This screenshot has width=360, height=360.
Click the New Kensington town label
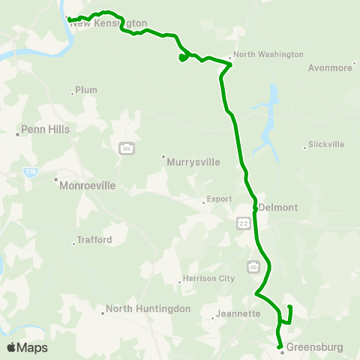coord(109,23)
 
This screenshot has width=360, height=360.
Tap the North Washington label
coord(268,55)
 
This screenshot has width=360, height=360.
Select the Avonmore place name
coord(330,67)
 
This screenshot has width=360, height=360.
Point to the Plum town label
coord(86,90)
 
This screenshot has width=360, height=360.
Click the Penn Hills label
coord(46,129)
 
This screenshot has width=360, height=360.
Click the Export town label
coord(218,200)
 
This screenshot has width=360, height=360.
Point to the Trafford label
coord(94,241)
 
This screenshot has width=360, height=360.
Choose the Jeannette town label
coord(236,314)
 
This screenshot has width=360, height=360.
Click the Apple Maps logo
coord(27,347)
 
